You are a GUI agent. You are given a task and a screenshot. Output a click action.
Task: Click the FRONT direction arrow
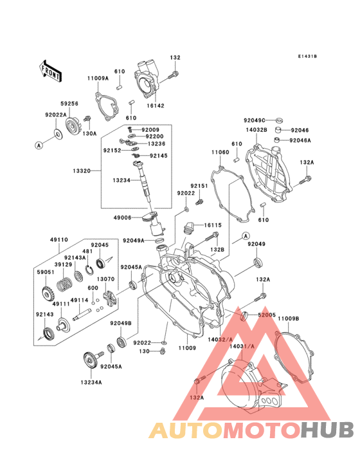point(51,69)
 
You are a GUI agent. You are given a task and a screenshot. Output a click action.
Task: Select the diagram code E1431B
point(307,57)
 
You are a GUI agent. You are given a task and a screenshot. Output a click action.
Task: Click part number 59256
point(69,103)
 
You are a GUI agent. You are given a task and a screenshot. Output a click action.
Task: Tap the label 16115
point(213,225)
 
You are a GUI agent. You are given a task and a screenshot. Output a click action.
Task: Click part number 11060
point(220,152)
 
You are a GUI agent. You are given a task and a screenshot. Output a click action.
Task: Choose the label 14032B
point(255,130)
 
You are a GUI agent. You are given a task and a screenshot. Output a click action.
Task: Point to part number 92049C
point(254,120)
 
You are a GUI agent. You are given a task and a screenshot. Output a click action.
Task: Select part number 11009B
point(289,319)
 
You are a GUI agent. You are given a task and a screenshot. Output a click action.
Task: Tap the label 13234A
point(91,382)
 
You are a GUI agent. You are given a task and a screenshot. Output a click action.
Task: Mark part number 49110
point(59,239)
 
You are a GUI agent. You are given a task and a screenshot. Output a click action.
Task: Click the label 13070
point(106,279)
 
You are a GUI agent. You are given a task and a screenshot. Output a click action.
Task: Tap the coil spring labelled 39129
point(65,282)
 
